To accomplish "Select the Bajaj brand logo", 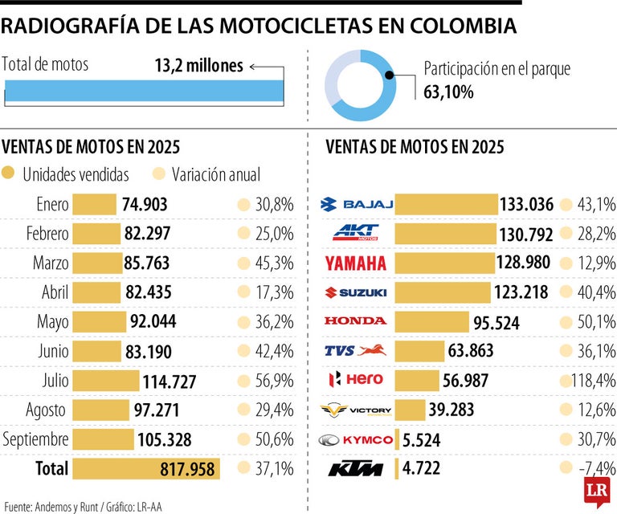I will (356, 204).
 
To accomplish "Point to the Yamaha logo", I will (356, 263).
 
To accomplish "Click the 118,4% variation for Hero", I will (593, 380).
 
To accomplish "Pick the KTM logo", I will (355, 468).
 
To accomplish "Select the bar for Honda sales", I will (433, 322).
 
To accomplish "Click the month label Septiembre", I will (35, 439).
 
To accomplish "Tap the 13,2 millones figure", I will (198, 66).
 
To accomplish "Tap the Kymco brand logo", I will (356, 439).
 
